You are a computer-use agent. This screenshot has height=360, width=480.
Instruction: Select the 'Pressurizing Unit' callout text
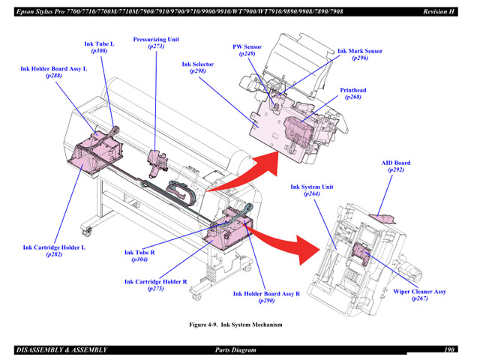click(156, 39)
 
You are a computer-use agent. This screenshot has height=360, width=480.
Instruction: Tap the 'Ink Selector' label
click(197, 64)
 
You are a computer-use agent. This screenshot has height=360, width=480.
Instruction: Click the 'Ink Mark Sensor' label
click(359, 51)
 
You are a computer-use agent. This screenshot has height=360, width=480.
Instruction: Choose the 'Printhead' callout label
click(352, 90)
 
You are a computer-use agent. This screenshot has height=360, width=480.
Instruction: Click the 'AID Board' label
click(396, 163)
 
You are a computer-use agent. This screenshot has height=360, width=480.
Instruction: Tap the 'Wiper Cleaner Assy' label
click(419, 292)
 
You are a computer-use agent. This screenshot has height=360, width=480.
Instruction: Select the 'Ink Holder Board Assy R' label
click(266, 294)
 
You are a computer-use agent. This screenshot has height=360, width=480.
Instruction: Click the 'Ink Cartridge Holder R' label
click(156, 282)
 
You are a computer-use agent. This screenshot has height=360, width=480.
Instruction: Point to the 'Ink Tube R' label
click(139, 253)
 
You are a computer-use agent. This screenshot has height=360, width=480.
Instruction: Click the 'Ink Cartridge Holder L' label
click(54, 247)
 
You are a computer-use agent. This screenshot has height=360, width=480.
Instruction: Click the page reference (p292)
click(396, 170)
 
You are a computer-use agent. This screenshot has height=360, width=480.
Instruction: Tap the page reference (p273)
click(156, 46)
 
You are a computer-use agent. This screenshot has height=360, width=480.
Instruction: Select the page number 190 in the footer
click(449, 349)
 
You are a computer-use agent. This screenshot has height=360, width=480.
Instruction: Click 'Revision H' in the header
click(439, 11)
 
